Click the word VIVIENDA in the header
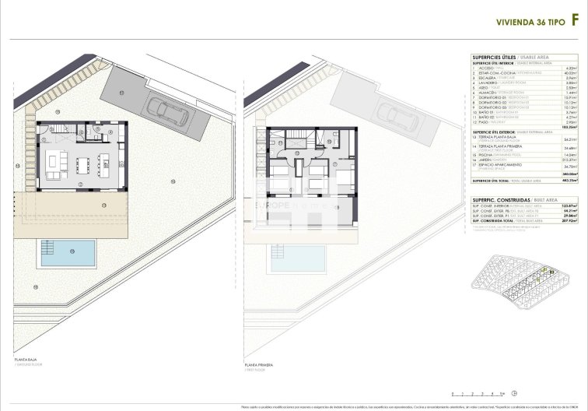pos(509,25)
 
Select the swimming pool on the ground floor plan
pos(67,253)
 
